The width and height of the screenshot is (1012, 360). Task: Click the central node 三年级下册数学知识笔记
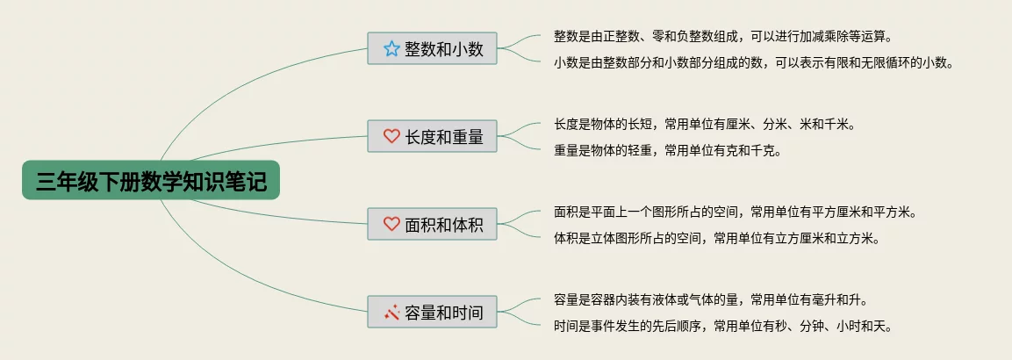(x=150, y=181)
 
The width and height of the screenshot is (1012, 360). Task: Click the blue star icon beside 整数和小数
(x=391, y=49)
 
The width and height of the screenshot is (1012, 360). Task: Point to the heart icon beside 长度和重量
(x=391, y=136)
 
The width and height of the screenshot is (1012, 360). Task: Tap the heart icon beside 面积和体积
(x=391, y=224)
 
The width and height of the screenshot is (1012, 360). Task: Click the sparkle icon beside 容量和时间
(x=391, y=312)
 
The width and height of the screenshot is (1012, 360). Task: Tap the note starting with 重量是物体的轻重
(x=667, y=150)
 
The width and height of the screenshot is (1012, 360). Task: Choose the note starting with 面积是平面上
(x=735, y=212)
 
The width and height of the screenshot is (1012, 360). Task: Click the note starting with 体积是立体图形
(x=716, y=238)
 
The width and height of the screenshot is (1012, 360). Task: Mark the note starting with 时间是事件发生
(x=722, y=326)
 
